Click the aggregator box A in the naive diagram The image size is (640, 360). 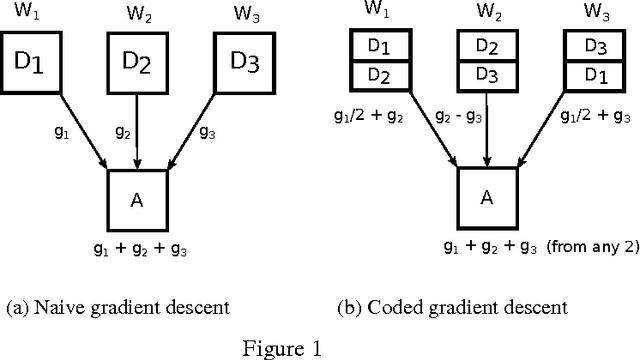137,201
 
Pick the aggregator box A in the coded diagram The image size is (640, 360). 487,197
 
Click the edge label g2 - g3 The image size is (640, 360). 461,117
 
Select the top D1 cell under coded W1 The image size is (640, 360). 378,46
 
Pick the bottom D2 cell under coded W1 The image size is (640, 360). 378,75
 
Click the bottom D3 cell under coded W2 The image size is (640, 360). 487,75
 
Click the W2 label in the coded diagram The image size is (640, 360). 487,13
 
